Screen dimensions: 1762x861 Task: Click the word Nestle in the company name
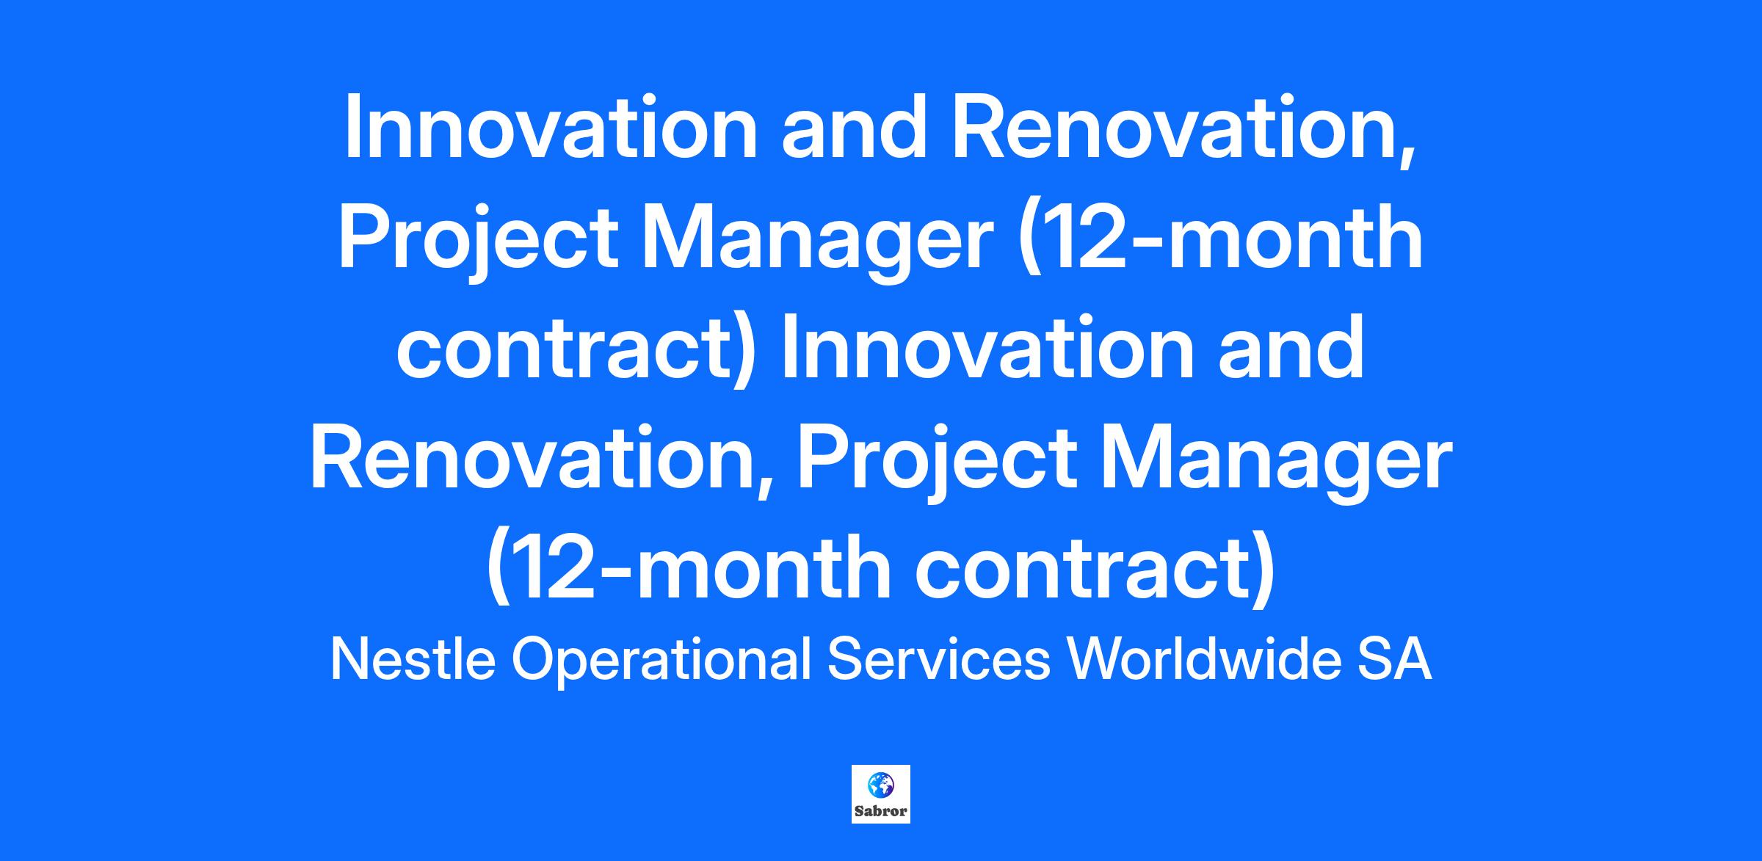(413, 658)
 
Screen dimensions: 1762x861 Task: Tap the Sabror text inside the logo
(881, 812)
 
